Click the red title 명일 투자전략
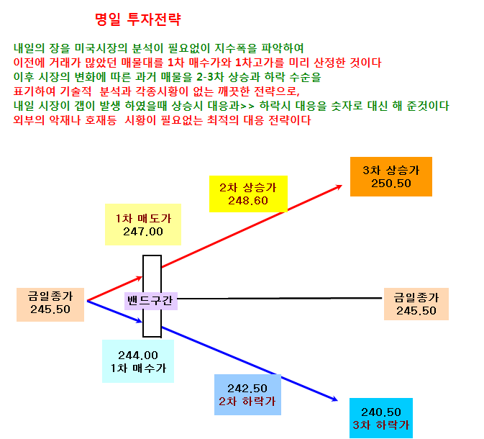point(137,19)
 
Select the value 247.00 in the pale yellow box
point(143,232)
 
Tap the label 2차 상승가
point(248,188)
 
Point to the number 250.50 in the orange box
point(391,184)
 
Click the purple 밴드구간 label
point(150,301)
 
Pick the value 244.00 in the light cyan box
point(138,356)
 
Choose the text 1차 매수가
point(138,368)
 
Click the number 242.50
point(247,389)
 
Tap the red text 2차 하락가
point(247,402)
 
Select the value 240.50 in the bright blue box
point(381,412)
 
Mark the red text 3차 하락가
point(381,425)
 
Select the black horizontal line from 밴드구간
point(280,299)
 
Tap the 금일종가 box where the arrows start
point(50,304)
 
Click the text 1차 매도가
point(143,219)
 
